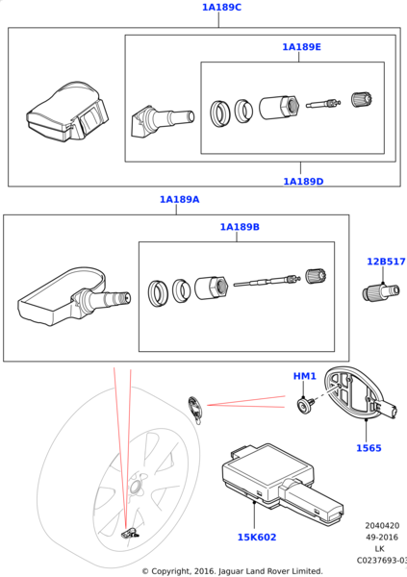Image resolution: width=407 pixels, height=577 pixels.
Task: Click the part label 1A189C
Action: pos(221,8)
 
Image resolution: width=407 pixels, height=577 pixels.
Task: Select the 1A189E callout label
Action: pos(302,47)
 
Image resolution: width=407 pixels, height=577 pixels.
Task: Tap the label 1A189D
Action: pos(303,182)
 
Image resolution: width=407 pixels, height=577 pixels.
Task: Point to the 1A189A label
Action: pos(179,199)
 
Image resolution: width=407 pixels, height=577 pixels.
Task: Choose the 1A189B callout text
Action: pos(240,227)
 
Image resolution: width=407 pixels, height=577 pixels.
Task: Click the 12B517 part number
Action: pos(386,262)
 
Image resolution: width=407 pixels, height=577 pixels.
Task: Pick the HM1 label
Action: pos(305,376)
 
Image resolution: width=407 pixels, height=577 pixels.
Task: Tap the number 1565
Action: pos(369,448)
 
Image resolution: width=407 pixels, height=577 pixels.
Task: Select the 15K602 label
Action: pos(257,538)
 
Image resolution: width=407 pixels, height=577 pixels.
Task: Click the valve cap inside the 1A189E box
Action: pos(362,99)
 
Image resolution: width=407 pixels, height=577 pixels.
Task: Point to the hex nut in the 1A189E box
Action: pos(278,108)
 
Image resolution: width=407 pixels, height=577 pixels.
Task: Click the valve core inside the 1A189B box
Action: pos(266,282)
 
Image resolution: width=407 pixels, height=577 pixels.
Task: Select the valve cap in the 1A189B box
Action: pos(316,276)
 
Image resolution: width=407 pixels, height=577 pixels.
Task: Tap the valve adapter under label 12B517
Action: pos(381,292)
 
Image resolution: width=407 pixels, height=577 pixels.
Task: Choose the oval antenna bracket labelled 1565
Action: pos(360,392)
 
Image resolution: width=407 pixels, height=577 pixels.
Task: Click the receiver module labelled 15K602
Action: pos(282,483)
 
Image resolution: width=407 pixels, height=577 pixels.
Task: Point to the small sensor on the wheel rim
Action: pos(129,534)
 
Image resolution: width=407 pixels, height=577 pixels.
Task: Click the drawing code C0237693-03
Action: pos(382,561)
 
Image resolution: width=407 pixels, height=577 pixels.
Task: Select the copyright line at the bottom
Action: pos(232,571)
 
